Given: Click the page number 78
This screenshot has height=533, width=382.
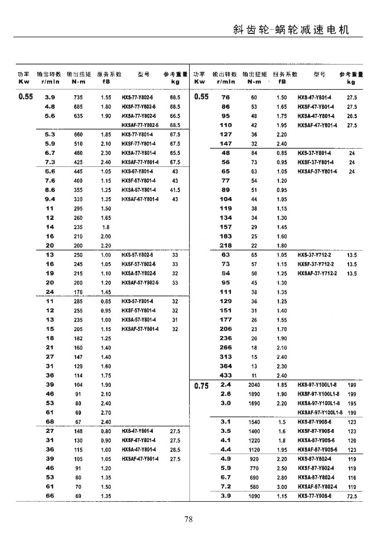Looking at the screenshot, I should pyautogui.click(x=189, y=519).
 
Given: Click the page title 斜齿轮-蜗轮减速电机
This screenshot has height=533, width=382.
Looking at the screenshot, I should pyautogui.click(x=290, y=30).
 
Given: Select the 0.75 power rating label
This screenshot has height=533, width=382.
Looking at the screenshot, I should pyautogui.click(x=201, y=385).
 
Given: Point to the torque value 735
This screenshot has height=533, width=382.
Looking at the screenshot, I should pyautogui.click(x=78, y=97).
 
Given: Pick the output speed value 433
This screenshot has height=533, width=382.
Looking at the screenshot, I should pyautogui.click(x=225, y=375).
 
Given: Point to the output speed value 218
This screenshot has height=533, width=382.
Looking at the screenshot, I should pyautogui.click(x=225, y=245).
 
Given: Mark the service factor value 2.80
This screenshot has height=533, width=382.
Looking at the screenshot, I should pyautogui.click(x=282, y=478).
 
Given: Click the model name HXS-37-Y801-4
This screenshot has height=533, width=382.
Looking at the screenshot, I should pyautogui.click(x=317, y=153).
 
